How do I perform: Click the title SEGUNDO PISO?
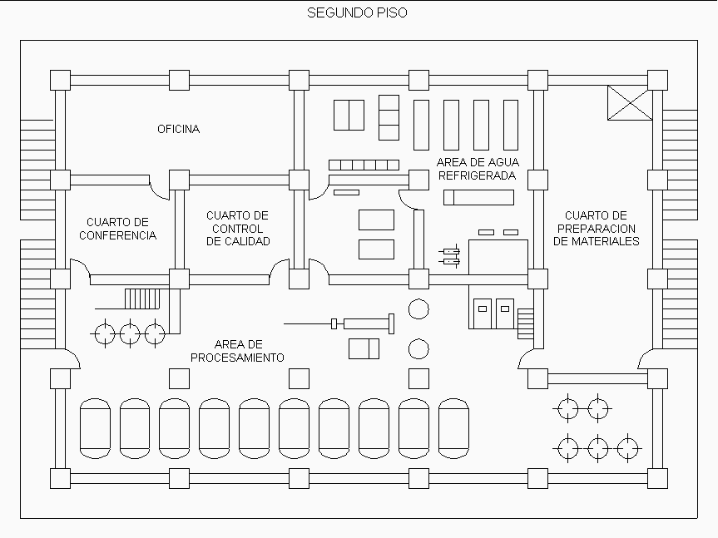pos(357,12)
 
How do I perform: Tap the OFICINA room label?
pos(179,129)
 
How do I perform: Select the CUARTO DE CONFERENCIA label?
pos(117,229)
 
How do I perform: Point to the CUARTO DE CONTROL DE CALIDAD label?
pos(238,229)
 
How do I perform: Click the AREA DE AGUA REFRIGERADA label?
pos(477,169)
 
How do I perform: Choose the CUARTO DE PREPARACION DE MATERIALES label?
pos(597,229)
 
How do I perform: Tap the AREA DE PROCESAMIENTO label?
pos(238,351)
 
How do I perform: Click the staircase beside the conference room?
pos(141,299)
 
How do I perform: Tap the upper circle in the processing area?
pos(418,309)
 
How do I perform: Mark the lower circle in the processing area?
pos(418,348)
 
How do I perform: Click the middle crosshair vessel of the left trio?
pos(130,334)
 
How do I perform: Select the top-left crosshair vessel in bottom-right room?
pos(568,409)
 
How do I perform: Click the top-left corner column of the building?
pos(60,80)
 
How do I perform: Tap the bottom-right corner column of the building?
pos(657,478)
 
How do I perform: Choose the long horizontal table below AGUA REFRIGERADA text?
pos(478,197)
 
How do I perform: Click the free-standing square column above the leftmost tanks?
pos(179,378)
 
